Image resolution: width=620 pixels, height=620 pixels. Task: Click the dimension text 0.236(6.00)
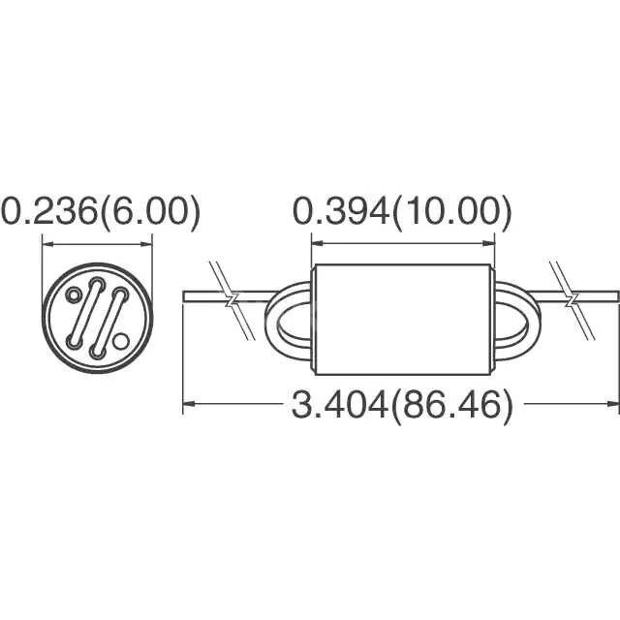coord(101,212)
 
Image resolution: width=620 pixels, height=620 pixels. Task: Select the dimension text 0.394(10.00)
coord(402,212)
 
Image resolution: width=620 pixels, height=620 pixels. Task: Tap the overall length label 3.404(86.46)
coord(402,405)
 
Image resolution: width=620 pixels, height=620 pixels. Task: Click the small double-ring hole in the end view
coord(73,294)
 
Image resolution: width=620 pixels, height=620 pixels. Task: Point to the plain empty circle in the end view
coord(120,341)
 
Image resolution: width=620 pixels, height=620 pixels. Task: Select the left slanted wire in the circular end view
coord(84,313)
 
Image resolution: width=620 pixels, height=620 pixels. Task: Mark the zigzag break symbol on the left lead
coord(232,300)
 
